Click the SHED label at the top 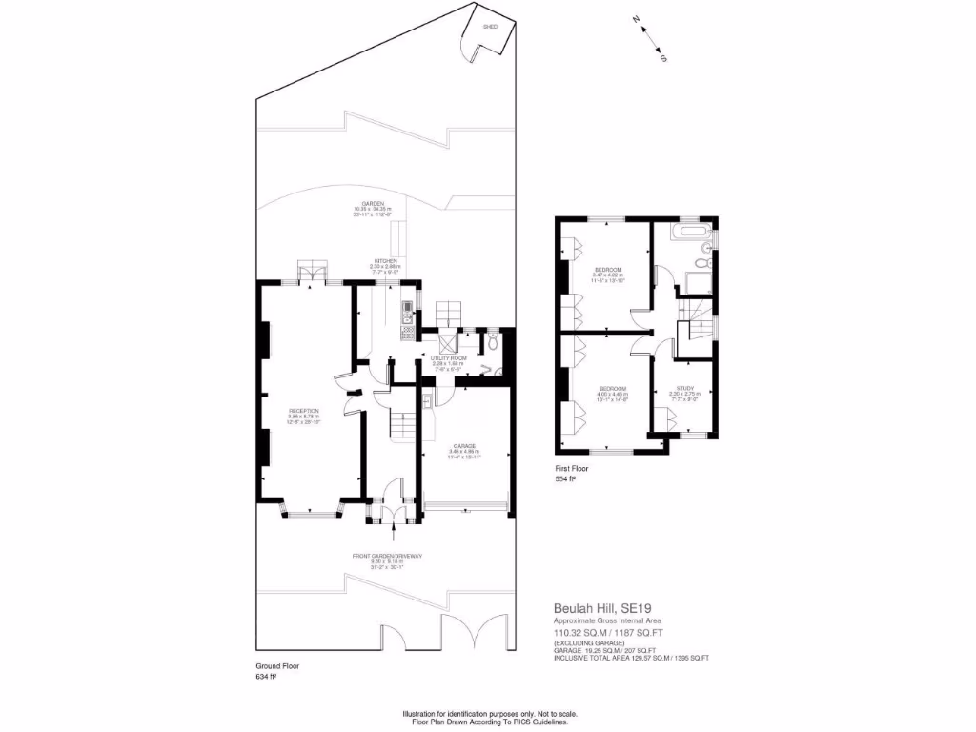point(491,27)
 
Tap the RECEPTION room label point(304,411)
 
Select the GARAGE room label point(464,445)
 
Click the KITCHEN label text point(385,261)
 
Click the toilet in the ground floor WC point(493,341)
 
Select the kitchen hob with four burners point(408,330)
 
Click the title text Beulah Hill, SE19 point(600,607)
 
